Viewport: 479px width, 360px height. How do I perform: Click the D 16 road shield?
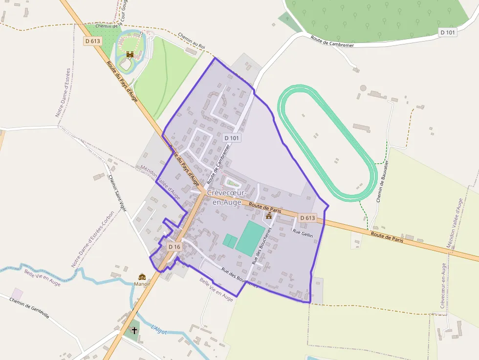point(174,247)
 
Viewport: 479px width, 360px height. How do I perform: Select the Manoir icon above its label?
point(142,276)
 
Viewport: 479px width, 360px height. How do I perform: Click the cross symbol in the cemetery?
point(134,330)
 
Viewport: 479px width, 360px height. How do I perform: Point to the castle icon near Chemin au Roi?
point(130,55)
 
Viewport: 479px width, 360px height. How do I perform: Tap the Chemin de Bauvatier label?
point(382,181)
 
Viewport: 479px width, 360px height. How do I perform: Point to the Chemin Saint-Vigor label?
point(117,193)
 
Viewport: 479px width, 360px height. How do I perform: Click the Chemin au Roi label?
point(191,41)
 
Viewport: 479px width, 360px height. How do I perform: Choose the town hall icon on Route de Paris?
point(269,215)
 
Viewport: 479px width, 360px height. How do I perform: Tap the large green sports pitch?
point(250,237)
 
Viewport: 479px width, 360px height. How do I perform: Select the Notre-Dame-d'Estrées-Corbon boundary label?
point(93,239)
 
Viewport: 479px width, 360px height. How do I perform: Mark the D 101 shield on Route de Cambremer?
point(233,138)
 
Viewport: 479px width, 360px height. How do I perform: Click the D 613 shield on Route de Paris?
point(307,218)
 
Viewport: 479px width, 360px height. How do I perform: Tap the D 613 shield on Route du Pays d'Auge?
point(92,41)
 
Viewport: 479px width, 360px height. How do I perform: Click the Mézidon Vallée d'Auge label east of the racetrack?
point(455,223)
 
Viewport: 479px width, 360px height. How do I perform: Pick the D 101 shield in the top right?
point(448,33)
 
